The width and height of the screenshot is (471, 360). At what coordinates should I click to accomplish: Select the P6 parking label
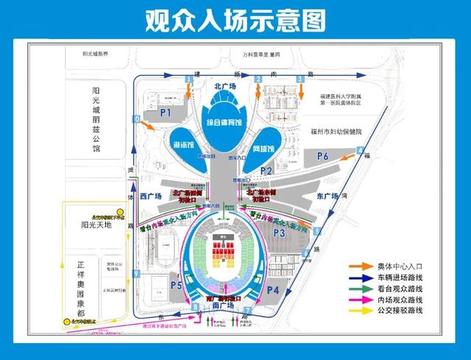[x=322, y=156]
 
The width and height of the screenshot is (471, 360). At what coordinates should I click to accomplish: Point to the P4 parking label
[x=272, y=290]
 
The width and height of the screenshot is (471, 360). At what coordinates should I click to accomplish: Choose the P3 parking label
[x=279, y=233]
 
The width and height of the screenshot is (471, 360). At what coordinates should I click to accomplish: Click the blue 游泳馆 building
[x=182, y=142]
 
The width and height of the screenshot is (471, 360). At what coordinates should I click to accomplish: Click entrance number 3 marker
[x=300, y=77]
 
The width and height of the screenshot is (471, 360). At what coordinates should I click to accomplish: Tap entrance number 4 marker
[x=361, y=150]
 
